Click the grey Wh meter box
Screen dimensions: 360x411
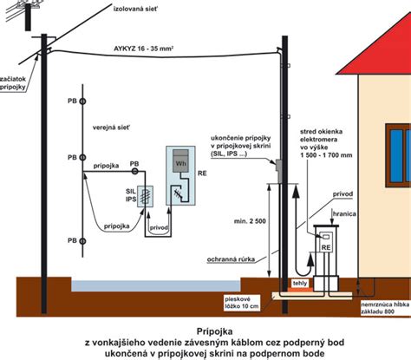(x=181, y=162)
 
